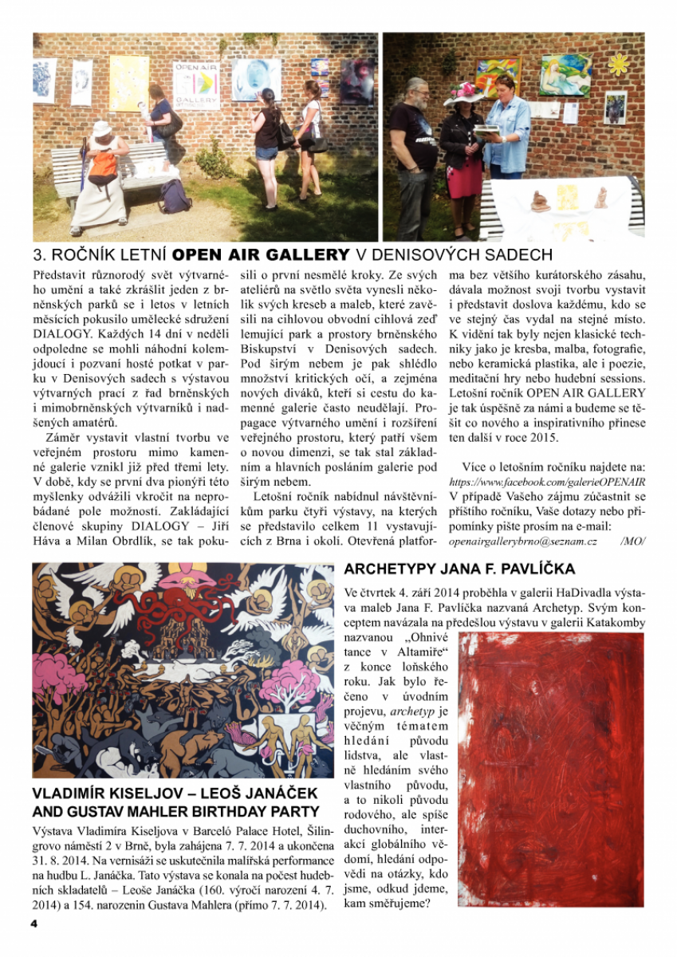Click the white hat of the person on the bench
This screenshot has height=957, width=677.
pyautogui.click(x=103, y=128)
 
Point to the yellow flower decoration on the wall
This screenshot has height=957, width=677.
pyautogui.click(x=618, y=64)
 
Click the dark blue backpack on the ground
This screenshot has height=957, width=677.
pyautogui.click(x=175, y=196)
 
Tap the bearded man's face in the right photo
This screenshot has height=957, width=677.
pyautogui.click(x=416, y=93)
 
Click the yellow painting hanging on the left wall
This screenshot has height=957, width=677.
pyautogui.click(x=128, y=82)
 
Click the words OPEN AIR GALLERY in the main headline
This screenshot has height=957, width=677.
pyautogui.click(x=262, y=255)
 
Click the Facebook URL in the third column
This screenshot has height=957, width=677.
pyautogui.click(x=547, y=482)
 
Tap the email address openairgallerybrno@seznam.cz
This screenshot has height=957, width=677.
pyautogui.click(x=523, y=541)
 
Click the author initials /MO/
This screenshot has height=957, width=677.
pyautogui.click(x=632, y=541)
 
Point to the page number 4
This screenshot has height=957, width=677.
pyautogui.click(x=34, y=924)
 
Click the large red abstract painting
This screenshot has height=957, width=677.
pyautogui.click(x=551, y=770)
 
